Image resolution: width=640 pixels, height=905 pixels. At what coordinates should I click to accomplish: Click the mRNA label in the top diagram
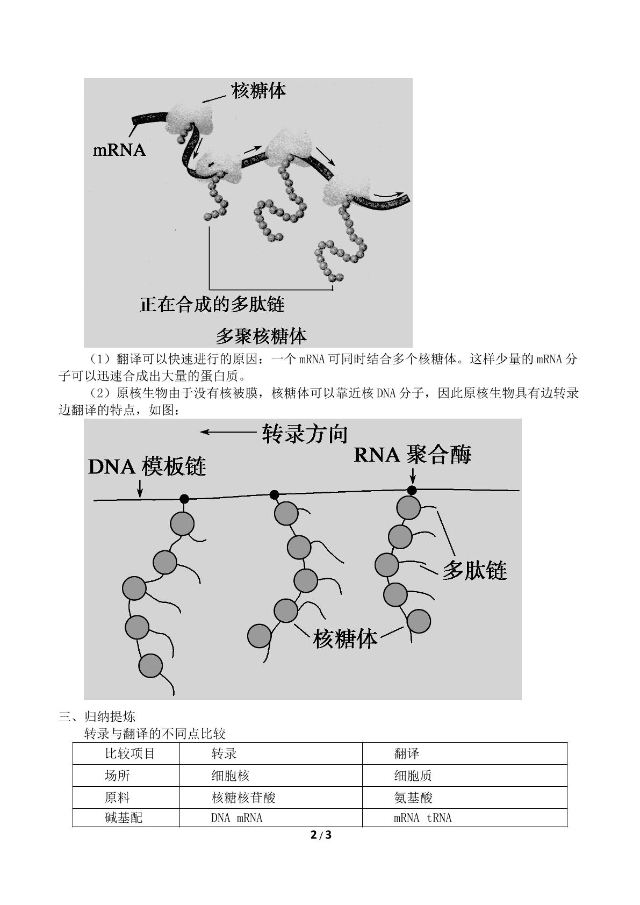pos(119,150)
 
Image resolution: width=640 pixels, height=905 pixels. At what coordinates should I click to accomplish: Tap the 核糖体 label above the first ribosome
pos(258,91)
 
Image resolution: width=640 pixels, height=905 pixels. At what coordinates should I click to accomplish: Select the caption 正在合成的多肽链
pos(212,305)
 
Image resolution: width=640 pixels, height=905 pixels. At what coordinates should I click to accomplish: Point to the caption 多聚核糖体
pos(261,336)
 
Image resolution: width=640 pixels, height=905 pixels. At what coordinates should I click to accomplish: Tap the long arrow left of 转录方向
pos(228,432)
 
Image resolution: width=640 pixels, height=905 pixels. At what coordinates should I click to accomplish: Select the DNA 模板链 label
pos(147,466)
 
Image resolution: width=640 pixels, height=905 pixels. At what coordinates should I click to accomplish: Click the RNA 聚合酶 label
pos(413,455)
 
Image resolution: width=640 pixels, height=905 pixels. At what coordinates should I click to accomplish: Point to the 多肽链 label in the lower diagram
pos(474,571)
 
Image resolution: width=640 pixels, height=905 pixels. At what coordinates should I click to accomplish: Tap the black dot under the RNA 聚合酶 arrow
pos(412,491)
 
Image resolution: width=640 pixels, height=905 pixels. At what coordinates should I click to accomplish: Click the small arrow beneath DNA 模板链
pos(140,489)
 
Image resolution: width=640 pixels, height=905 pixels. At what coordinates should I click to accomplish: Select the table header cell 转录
pos(224,753)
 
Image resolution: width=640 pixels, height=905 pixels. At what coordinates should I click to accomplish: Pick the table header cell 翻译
pos(406,753)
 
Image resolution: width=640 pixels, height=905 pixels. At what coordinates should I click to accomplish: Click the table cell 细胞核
pos(231,775)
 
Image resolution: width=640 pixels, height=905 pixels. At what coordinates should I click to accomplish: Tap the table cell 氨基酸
pos(413,798)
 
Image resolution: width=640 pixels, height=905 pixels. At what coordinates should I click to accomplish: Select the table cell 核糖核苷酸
pos(243,798)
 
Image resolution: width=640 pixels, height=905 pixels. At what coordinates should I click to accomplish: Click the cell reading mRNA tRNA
pos(422,818)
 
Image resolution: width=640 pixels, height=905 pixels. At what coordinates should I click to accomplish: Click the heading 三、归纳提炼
pos(97,717)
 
